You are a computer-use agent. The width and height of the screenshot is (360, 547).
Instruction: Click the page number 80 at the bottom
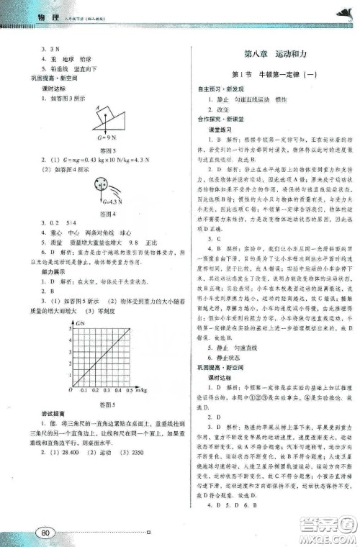tap(48, 532)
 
